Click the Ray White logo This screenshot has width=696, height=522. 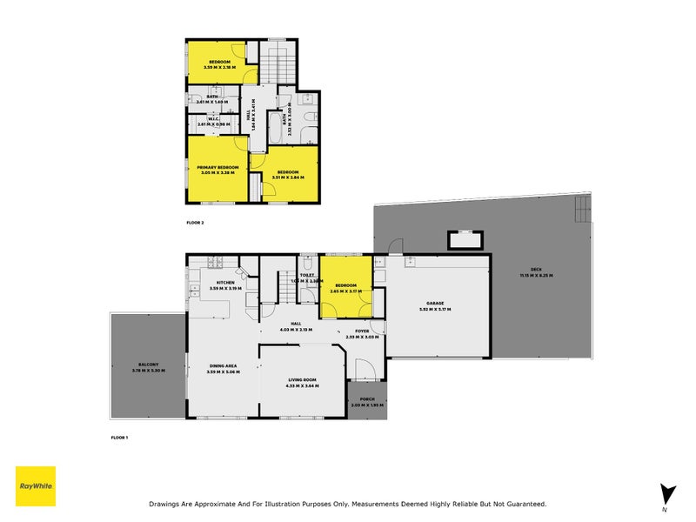click(x=36, y=486)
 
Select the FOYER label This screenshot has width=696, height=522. click(x=362, y=332)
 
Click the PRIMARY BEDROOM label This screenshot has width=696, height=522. click(x=218, y=169)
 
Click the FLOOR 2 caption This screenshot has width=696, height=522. click(x=195, y=223)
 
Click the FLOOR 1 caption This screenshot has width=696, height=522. click(x=119, y=437)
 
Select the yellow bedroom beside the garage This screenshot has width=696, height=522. click(x=345, y=287)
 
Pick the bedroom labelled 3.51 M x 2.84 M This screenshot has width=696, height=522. click(x=288, y=174)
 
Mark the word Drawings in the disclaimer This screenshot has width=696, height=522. click(x=165, y=504)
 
